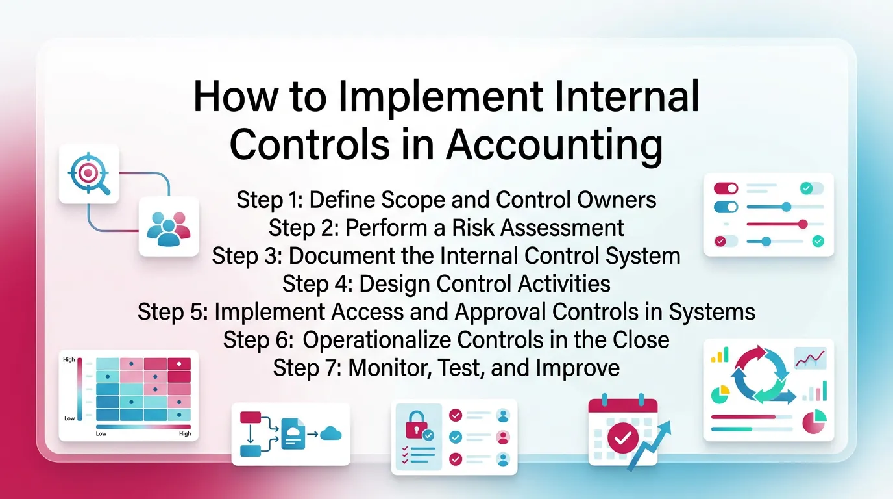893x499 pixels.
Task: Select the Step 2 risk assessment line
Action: pyautogui.click(x=446, y=227)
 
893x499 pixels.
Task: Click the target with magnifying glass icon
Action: pyautogui.click(x=89, y=173)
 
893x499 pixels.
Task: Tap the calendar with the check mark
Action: pyautogui.click(x=621, y=433)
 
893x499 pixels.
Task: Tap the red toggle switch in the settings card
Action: pyautogui.click(x=726, y=188)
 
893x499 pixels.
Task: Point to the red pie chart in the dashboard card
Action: pyautogui.click(x=814, y=422)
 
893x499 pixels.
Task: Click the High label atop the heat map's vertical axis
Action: pyautogui.click(x=69, y=359)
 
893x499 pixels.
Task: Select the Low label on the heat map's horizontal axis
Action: pyautogui.click(x=101, y=433)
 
